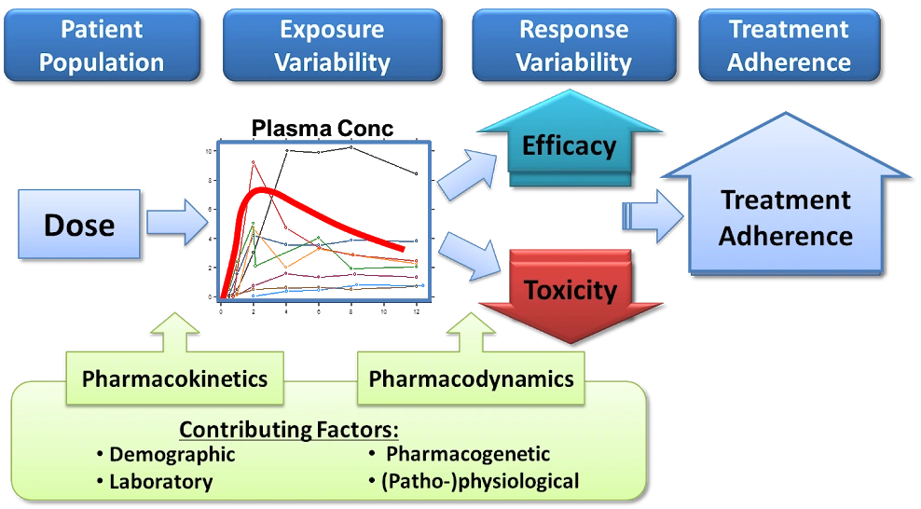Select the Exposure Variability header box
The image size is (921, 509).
(x=332, y=45)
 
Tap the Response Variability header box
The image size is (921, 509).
(x=574, y=45)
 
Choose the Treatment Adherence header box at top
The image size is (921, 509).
(x=789, y=45)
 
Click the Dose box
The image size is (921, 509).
(x=79, y=225)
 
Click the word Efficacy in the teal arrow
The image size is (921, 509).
(x=569, y=146)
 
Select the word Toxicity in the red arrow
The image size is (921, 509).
(x=570, y=290)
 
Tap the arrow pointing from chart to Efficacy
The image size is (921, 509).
(x=468, y=173)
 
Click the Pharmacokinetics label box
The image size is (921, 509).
(x=174, y=378)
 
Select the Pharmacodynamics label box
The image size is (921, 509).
(x=471, y=378)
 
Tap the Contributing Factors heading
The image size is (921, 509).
(x=289, y=430)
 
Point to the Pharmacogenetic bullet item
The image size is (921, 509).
(x=467, y=455)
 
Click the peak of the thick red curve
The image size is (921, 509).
(x=266, y=189)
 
